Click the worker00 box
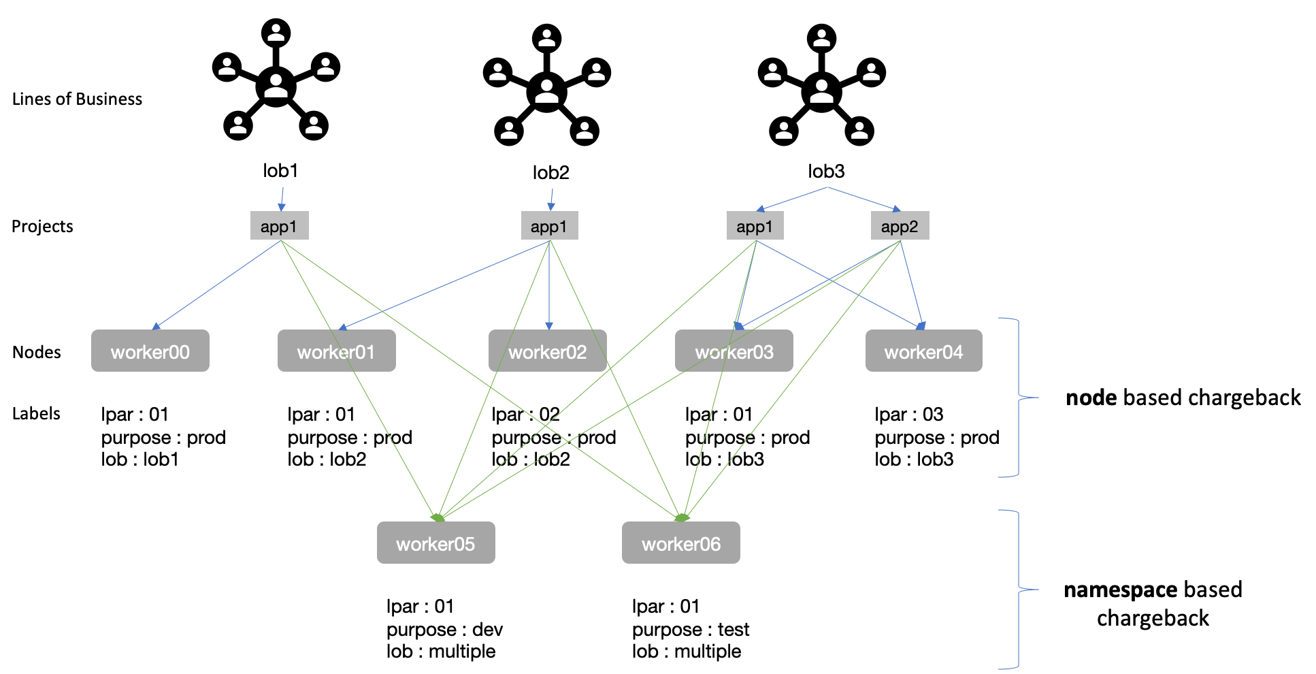coord(150,351)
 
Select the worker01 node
coord(336,351)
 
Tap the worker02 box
coord(547,351)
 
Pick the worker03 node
coord(734,351)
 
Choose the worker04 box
coord(923,351)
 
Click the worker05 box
coord(435,543)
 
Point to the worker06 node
coord(680,543)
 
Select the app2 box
coord(900,226)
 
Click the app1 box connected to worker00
coord(279,226)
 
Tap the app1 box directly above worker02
coord(549,226)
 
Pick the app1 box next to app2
coord(755,226)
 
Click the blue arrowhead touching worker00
coord(156,326)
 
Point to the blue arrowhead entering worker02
coord(549,326)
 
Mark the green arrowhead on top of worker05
coord(438,518)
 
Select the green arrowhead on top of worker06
coord(681,518)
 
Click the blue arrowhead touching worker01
coord(342,327)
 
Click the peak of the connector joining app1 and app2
coord(827,187)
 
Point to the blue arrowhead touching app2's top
coord(897,209)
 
